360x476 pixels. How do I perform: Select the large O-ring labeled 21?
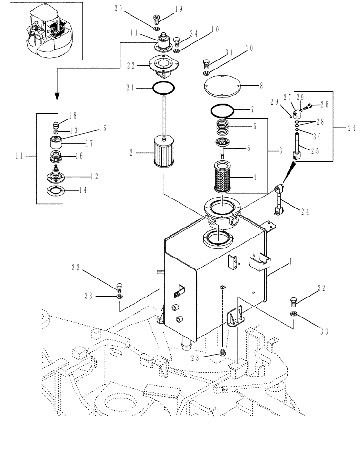click(x=163, y=88)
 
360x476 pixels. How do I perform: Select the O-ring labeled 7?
click(x=222, y=111)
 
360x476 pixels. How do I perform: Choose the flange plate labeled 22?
click(x=163, y=65)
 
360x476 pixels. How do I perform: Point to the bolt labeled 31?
click(x=206, y=63)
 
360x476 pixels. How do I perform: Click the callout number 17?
click(x=89, y=143)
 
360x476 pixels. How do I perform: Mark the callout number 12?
click(x=94, y=177)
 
